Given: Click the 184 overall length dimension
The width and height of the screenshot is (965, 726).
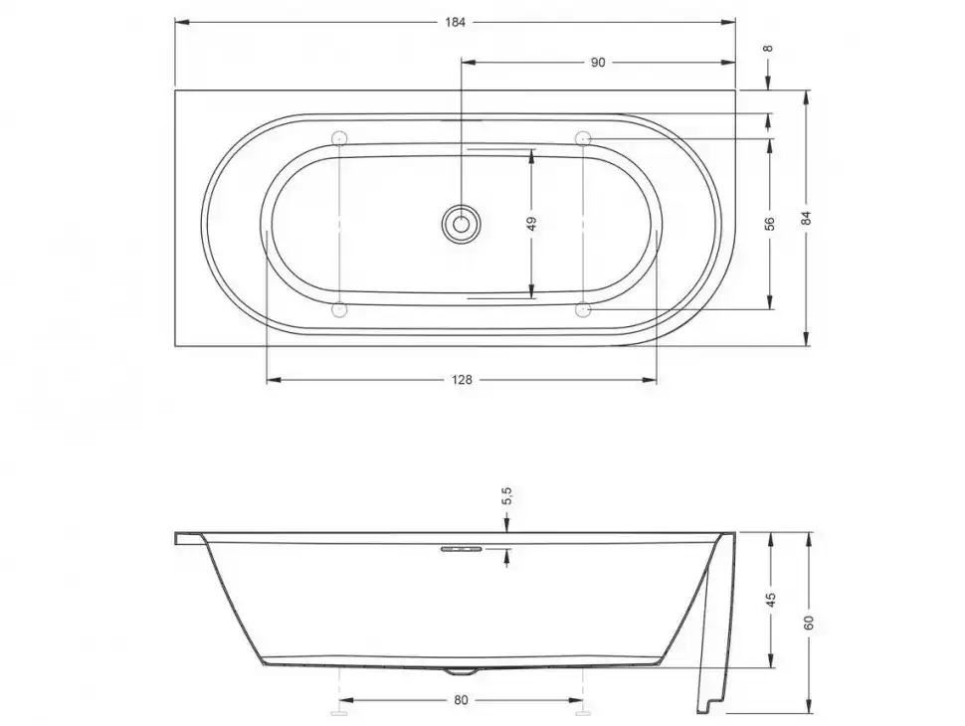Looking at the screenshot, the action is pyautogui.click(x=455, y=23).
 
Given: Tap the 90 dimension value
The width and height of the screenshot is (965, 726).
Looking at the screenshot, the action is pyautogui.click(x=598, y=63).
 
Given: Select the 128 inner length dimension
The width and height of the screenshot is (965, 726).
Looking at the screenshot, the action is pyautogui.click(x=462, y=380).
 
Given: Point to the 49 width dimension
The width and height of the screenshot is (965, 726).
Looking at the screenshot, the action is pyautogui.click(x=532, y=223).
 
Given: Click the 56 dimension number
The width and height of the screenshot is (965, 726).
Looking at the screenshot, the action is pyautogui.click(x=769, y=224).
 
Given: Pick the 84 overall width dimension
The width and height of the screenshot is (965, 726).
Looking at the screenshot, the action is pyautogui.click(x=807, y=218).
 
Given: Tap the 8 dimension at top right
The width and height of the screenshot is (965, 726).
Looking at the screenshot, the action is pyautogui.click(x=767, y=48).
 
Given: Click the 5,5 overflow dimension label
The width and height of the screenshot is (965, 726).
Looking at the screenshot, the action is pyautogui.click(x=506, y=496).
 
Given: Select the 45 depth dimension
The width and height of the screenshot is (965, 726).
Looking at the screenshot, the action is pyautogui.click(x=771, y=600).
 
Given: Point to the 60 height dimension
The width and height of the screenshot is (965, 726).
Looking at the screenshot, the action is pyautogui.click(x=809, y=622).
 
